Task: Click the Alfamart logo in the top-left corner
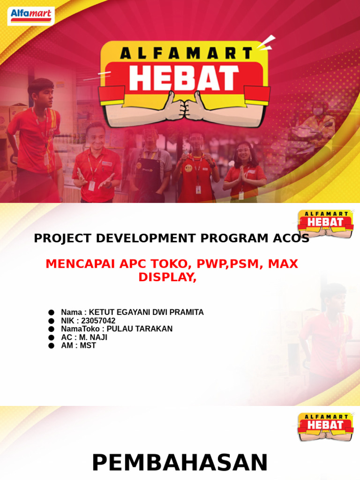coord(31,15)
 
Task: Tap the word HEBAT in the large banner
coord(184,78)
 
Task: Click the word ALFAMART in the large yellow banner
coord(184,53)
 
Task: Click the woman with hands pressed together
coord(244,171)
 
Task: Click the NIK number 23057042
coord(98,321)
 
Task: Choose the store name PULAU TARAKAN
coord(140,329)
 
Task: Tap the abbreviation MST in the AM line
coord(88,345)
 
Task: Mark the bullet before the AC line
coord(51,337)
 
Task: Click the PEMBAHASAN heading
coord(180,463)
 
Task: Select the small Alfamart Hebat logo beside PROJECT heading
coord(326,224)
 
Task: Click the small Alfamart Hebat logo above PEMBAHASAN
coord(326,426)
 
